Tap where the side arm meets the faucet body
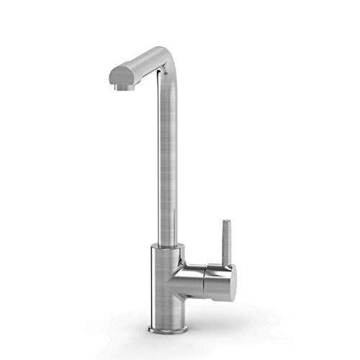(179, 278)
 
